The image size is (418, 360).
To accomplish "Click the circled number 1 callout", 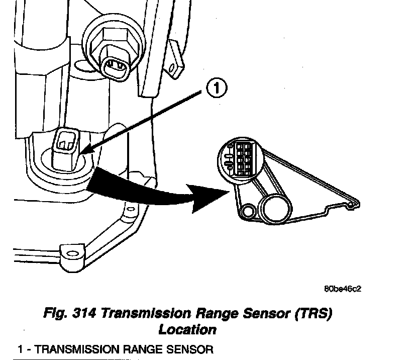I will pyautogui.click(x=216, y=89).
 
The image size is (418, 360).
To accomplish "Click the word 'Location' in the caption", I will pyautogui.click(x=187, y=330).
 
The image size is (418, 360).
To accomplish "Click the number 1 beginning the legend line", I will pyautogui.click(x=20, y=348).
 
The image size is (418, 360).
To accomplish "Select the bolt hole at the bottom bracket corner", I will pyautogui.click(x=70, y=251).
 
